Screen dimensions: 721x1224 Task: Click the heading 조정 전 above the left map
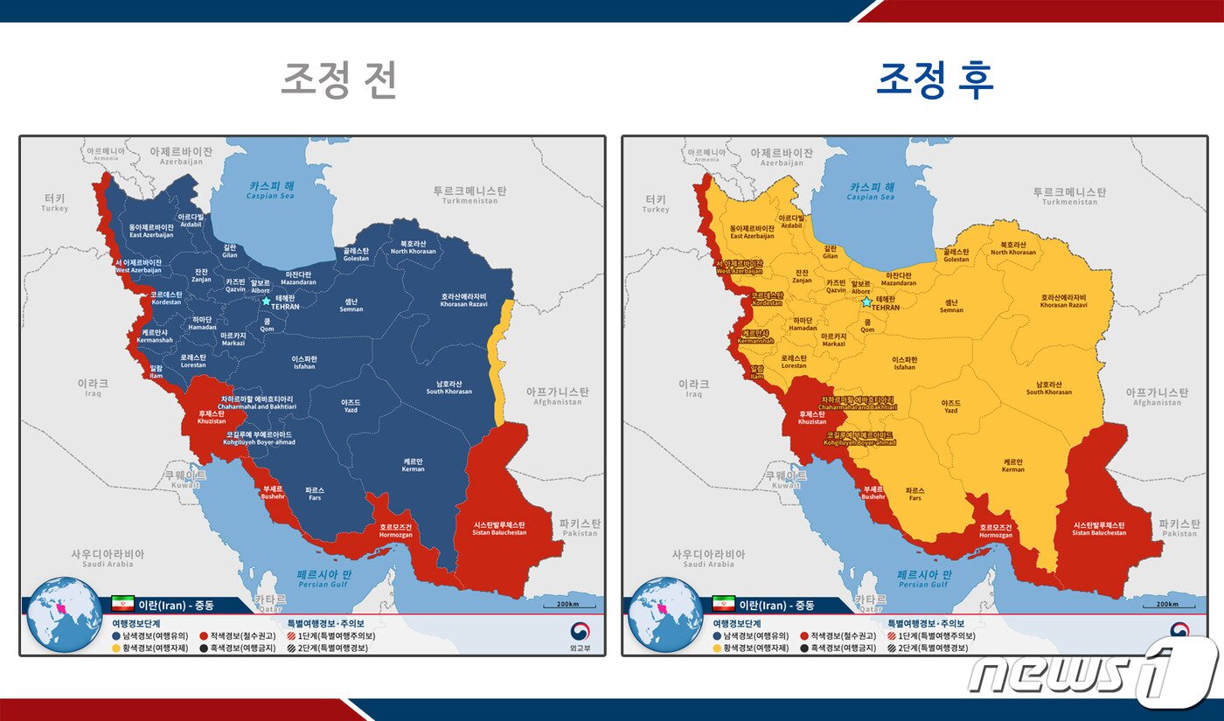339,80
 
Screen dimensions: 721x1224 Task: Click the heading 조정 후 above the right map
935,80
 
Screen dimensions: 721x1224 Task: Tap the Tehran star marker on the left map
266,301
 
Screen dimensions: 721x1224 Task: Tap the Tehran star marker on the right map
866,302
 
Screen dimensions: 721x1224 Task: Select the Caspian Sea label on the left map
271,191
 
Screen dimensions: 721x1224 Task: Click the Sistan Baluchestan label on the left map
499,528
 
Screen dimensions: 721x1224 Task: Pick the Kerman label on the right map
1013,465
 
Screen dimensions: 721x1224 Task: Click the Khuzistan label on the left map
212,417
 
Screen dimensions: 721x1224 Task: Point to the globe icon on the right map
665,614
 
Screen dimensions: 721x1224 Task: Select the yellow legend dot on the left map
116,648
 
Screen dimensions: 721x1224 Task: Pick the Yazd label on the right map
950,406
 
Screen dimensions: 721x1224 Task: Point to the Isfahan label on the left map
304,363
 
